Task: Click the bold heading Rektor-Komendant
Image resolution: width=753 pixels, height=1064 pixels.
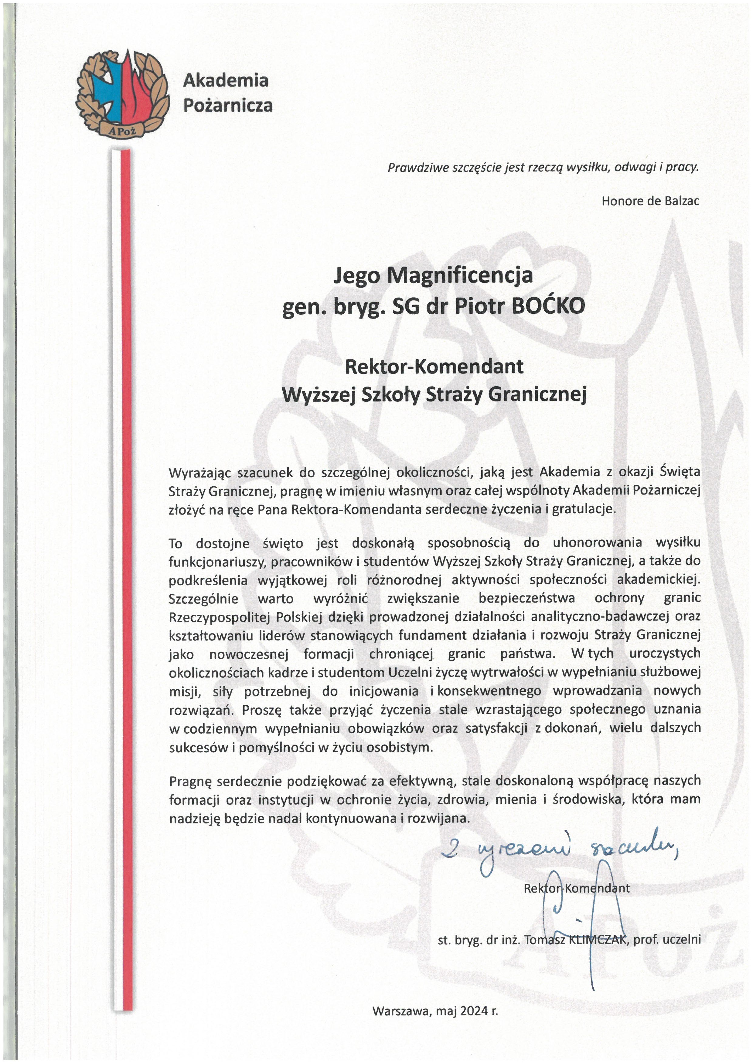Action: point(434,366)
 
